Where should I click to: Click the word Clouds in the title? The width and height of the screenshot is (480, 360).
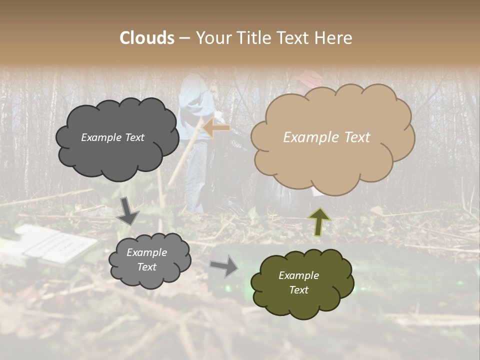point(147,38)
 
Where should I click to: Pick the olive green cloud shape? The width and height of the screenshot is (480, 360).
point(302,283)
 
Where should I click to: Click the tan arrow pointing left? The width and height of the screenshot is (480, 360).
point(217,128)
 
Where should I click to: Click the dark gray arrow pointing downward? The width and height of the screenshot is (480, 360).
point(128,211)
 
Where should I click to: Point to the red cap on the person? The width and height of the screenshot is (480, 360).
point(309,77)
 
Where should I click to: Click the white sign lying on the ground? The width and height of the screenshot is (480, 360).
point(55,243)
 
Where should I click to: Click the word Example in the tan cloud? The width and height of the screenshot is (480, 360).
point(309,137)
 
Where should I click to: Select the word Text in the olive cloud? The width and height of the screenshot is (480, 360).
point(298,290)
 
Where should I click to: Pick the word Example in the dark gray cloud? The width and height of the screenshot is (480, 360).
point(98,137)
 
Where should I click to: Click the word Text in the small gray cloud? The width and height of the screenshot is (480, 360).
point(146,267)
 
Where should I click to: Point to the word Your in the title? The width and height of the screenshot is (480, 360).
point(210,38)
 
